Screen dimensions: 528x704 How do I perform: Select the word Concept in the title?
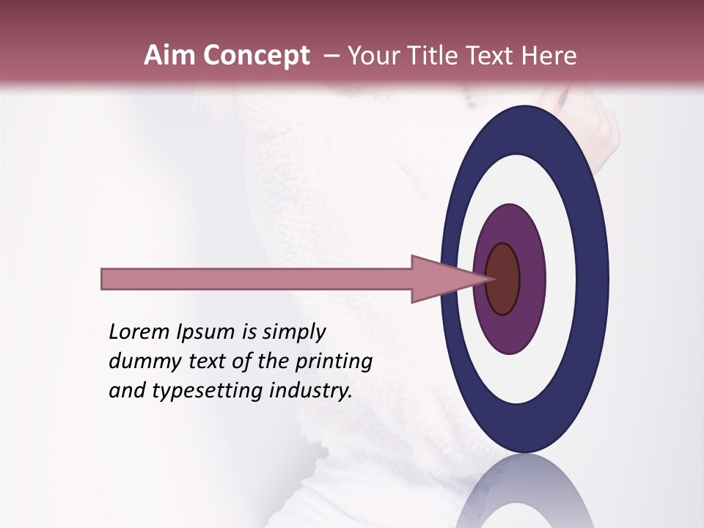[256, 56]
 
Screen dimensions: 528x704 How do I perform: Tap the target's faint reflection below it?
[524, 495]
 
